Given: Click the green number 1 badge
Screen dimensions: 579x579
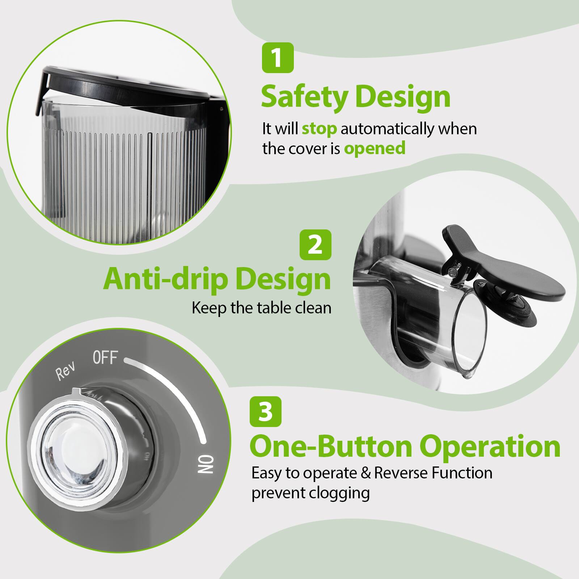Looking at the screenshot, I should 278,58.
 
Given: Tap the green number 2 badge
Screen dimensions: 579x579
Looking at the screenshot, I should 316,245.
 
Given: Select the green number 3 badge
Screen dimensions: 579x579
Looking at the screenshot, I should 266,411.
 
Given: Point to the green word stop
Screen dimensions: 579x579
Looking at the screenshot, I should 319,129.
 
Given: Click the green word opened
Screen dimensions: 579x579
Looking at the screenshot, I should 375,148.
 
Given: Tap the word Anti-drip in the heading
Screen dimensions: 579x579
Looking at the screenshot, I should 161,279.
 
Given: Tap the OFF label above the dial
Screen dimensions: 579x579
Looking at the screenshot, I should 105,358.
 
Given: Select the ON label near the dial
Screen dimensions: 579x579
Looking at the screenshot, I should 206,465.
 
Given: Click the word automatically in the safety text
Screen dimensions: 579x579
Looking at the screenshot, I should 408,129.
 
